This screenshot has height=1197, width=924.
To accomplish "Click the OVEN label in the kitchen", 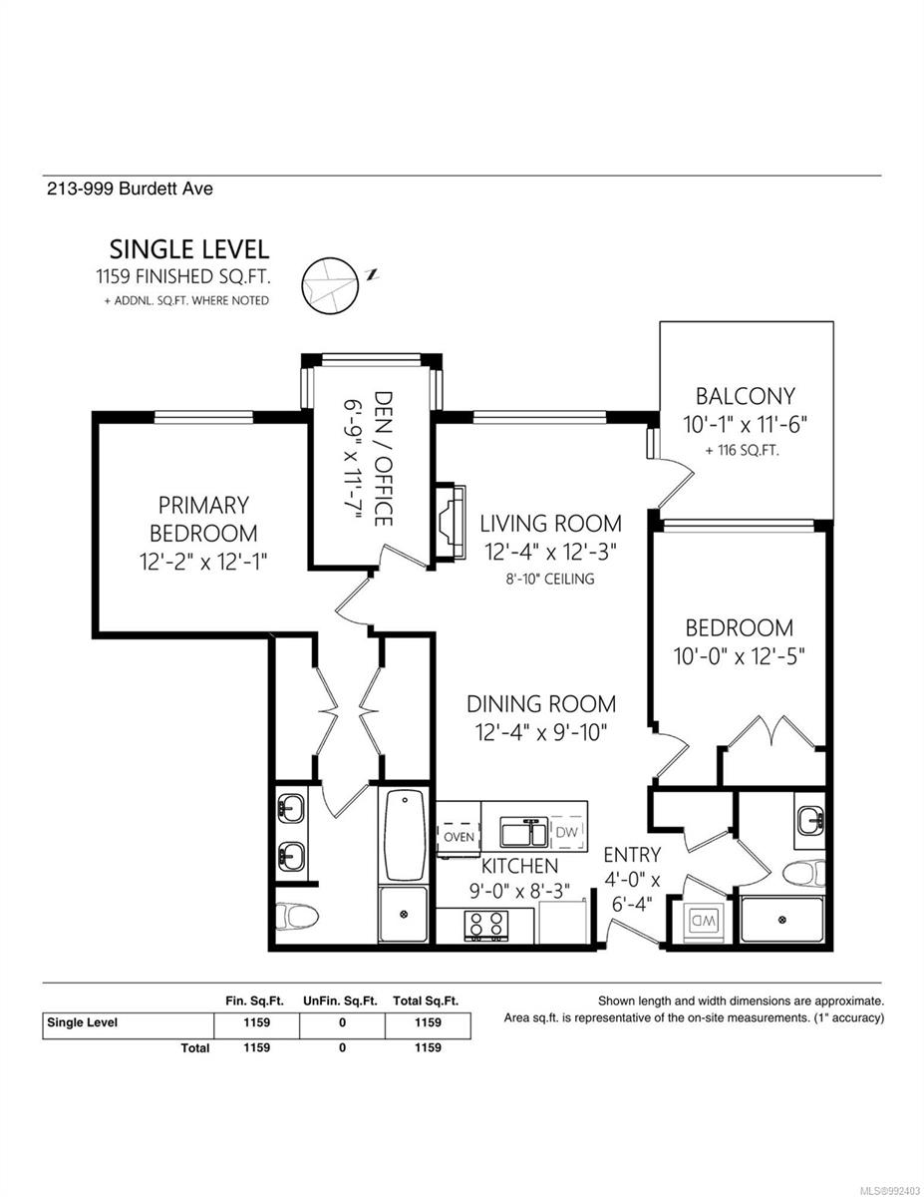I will pos(458,836).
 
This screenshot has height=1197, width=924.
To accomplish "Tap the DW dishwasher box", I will pos(566,832).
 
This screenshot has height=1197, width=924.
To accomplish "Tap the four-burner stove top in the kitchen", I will pos(486,925).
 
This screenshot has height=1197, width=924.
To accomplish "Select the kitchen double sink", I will pos(521,832).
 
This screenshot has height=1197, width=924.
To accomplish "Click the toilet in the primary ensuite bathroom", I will pos(296,914).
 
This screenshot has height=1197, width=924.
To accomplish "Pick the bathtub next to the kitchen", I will pos(404,833).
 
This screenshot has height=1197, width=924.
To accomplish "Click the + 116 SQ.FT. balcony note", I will pos(742,450).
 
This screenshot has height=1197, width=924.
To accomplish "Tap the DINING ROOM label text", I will pos(541,703).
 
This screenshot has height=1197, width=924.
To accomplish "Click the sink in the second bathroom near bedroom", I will pos(809,821).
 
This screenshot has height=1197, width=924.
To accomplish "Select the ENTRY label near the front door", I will pos(632,854).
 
